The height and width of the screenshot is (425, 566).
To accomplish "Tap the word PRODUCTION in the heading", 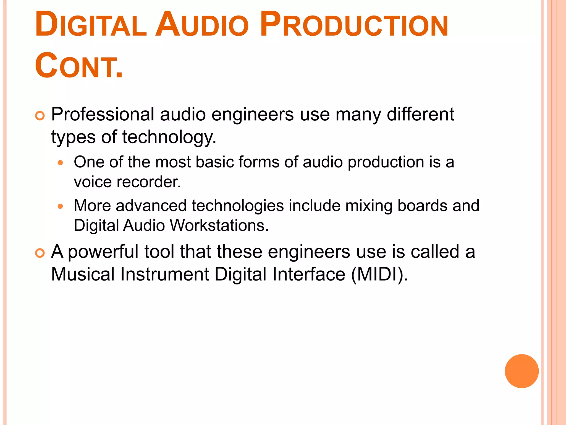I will pyautogui.click(x=354, y=25).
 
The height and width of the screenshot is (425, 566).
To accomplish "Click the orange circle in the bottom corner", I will pyautogui.click(x=522, y=371).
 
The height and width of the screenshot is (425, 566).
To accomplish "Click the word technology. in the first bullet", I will pyautogui.click(x=169, y=137).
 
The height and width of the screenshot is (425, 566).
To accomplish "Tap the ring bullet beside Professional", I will pyautogui.click(x=40, y=116).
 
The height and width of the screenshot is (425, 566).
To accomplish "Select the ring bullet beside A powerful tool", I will pyautogui.click(x=40, y=253).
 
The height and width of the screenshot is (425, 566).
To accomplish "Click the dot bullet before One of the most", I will pyautogui.click(x=61, y=163).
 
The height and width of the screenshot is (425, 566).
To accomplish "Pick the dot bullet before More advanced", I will pyautogui.click(x=61, y=206).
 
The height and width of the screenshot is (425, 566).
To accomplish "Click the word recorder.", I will pyautogui.click(x=149, y=182).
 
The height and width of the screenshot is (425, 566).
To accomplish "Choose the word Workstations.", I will pyautogui.click(x=219, y=226).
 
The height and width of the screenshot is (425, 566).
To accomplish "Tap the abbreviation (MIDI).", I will pyautogui.click(x=379, y=274).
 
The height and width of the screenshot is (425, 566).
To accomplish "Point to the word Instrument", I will pyautogui.click(x=165, y=274).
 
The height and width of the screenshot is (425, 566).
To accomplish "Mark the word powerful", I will pyautogui.click(x=103, y=252).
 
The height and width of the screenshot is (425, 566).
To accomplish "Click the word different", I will pyautogui.click(x=420, y=114).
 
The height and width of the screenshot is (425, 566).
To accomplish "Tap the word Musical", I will pyautogui.click(x=83, y=274).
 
